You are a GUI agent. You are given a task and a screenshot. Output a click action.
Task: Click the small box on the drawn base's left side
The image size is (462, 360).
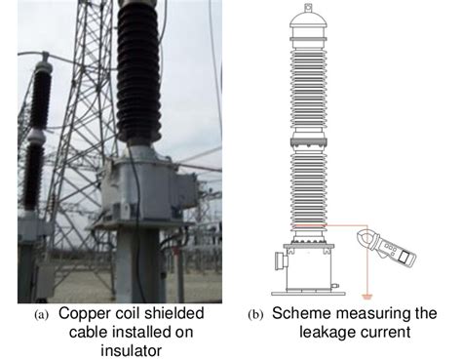pyautogui.click(x=279, y=261)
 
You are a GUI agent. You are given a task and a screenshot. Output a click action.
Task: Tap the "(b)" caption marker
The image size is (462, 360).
pyautogui.click(x=255, y=316)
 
